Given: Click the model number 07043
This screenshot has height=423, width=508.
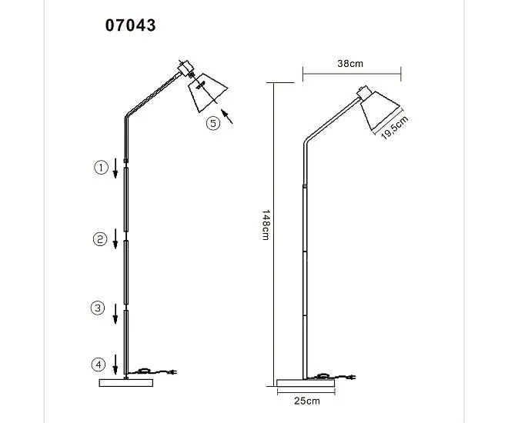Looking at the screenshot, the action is tap(131, 25).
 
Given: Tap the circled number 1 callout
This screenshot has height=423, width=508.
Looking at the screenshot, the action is tap(101, 168).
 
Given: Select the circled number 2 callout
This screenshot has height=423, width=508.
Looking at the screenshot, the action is tap(100, 239).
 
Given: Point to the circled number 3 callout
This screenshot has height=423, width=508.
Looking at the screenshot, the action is tap(98, 308).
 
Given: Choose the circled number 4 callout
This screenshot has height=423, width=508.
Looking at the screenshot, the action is tap(99, 365).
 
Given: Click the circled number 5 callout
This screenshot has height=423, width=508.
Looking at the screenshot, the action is tap(213, 123).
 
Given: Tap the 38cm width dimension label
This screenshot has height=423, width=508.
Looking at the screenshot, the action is tap(350, 63).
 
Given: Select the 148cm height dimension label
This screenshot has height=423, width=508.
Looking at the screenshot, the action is tap(266, 225).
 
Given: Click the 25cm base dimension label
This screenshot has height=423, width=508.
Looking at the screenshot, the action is tap(307, 401).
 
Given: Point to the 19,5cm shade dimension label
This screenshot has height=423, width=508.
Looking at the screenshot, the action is tap(394, 128).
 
